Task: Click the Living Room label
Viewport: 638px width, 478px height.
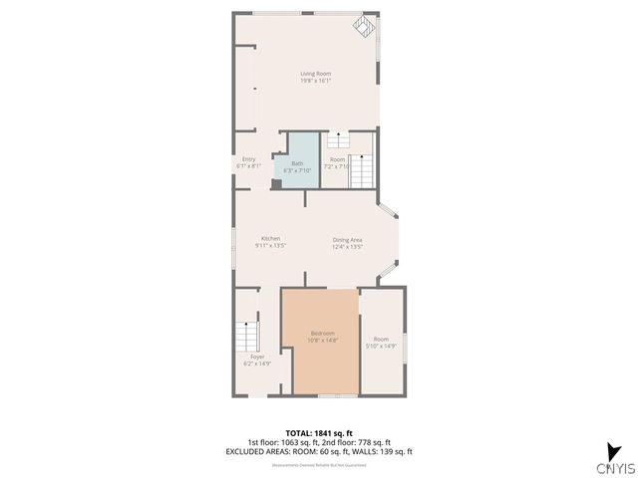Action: [x=316, y=77]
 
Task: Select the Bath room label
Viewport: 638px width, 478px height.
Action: [x=297, y=166]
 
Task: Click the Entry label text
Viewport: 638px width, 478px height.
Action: [x=248, y=162]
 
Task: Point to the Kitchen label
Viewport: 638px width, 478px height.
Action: [x=270, y=241]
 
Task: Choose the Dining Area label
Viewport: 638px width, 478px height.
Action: [x=347, y=241]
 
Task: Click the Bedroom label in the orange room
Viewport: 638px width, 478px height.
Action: [x=322, y=337]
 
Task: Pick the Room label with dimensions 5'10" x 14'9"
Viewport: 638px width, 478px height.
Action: [x=381, y=343]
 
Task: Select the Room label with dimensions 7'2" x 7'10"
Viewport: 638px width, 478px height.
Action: [x=338, y=163]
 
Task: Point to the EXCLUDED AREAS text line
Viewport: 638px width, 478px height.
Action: [x=318, y=451]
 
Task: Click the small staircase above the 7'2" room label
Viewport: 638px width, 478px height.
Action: [x=338, y=140]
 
